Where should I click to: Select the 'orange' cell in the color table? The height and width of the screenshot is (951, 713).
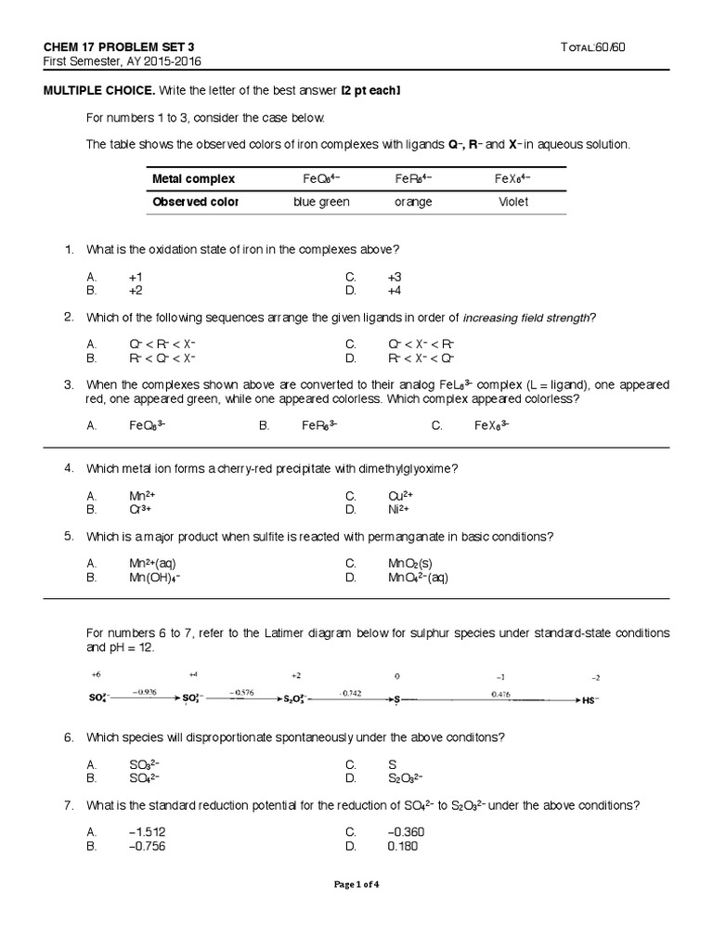(413, 202)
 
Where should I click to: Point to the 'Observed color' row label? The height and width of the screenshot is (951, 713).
(195, 202)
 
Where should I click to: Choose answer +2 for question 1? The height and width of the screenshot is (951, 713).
(136, 290)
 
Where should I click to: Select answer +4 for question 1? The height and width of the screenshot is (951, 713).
(395, 290)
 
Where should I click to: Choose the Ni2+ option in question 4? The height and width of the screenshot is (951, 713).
(398, 509)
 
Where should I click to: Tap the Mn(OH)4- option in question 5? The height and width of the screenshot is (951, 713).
(154, 577)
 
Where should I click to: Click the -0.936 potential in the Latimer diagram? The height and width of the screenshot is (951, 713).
(144, 691)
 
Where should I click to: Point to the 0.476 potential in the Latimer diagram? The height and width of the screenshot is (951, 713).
(501, 692)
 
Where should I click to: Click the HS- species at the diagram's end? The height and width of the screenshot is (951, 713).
(590, 699)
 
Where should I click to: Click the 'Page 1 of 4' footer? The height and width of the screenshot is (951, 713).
(356, 884)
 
